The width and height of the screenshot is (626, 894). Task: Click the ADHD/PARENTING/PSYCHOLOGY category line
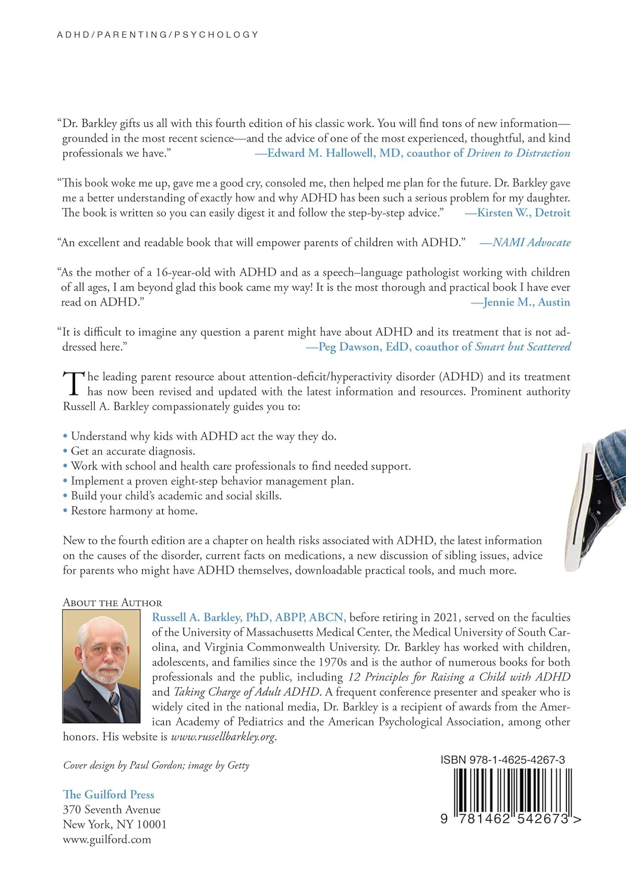pos(158,35)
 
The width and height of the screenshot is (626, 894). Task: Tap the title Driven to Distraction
pos(518,153)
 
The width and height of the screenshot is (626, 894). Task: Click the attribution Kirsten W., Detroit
pos(523,213)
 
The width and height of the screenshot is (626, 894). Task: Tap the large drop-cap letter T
pos(73,384)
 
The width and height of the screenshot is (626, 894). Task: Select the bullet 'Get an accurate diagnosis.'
pos(133,451)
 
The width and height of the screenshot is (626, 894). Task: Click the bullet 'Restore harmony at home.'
pos(134,511)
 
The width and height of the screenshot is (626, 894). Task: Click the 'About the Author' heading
pos(112,603)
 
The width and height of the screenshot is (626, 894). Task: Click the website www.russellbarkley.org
pos(223,737)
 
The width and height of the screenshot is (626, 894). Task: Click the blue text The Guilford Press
pos(109,794)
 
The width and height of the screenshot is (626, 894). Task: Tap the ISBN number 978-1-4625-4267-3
pos(503,760)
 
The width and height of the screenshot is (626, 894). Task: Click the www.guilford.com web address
pos(107,839)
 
